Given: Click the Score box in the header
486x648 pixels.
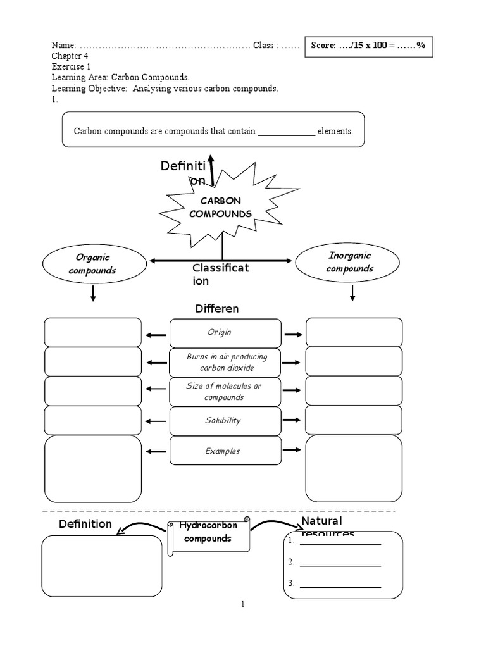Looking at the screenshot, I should click(x=370, y=46).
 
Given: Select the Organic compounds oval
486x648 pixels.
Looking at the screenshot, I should click(x=92, y=264).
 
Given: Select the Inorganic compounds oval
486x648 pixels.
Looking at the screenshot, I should click(x=349, y=262).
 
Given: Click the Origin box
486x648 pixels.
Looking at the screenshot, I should click(x=225, y=333).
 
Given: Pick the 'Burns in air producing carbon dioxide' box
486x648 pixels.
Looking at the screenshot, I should click(x=225, y=362).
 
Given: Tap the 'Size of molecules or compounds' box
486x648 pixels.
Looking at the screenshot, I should click(x=225, y=392).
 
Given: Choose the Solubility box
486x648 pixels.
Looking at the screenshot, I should click(x=225, y=421).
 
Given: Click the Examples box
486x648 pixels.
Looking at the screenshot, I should click(x=225, y=451).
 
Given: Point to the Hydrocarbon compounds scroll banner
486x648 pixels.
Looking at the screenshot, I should click(x=209, y=535).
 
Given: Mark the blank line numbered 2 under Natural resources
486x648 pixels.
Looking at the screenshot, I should click(x=340, y=562).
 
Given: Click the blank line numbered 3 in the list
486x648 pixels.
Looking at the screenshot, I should click(x=340, y=583).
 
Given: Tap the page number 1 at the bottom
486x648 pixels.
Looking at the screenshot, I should click(x=242, y=604).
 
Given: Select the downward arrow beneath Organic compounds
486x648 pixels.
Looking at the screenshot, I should click(x=93, y=293).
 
